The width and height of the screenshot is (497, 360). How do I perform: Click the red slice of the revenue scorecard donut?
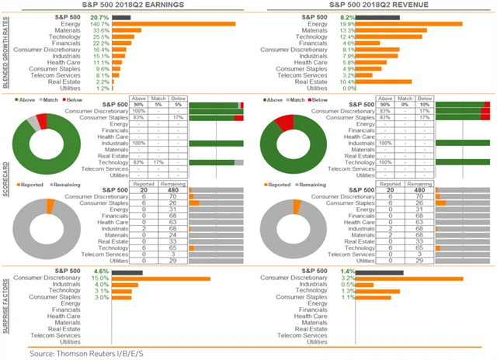click(x=284, y=123)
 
